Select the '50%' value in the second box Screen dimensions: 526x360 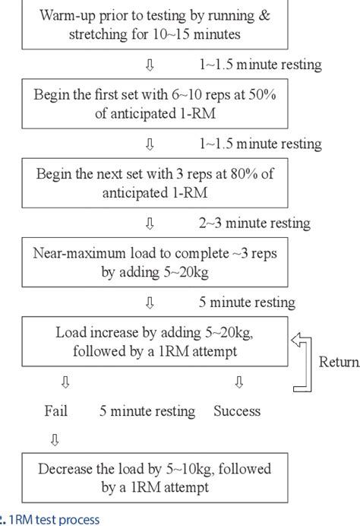coord(270,95)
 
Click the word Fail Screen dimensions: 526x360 coord(56,411)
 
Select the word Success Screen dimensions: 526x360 coord(236,411)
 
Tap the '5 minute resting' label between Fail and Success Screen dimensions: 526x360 coord(147,411)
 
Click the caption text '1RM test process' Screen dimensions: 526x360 coord(55,519)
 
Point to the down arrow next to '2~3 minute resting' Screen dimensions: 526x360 coord(150,223)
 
